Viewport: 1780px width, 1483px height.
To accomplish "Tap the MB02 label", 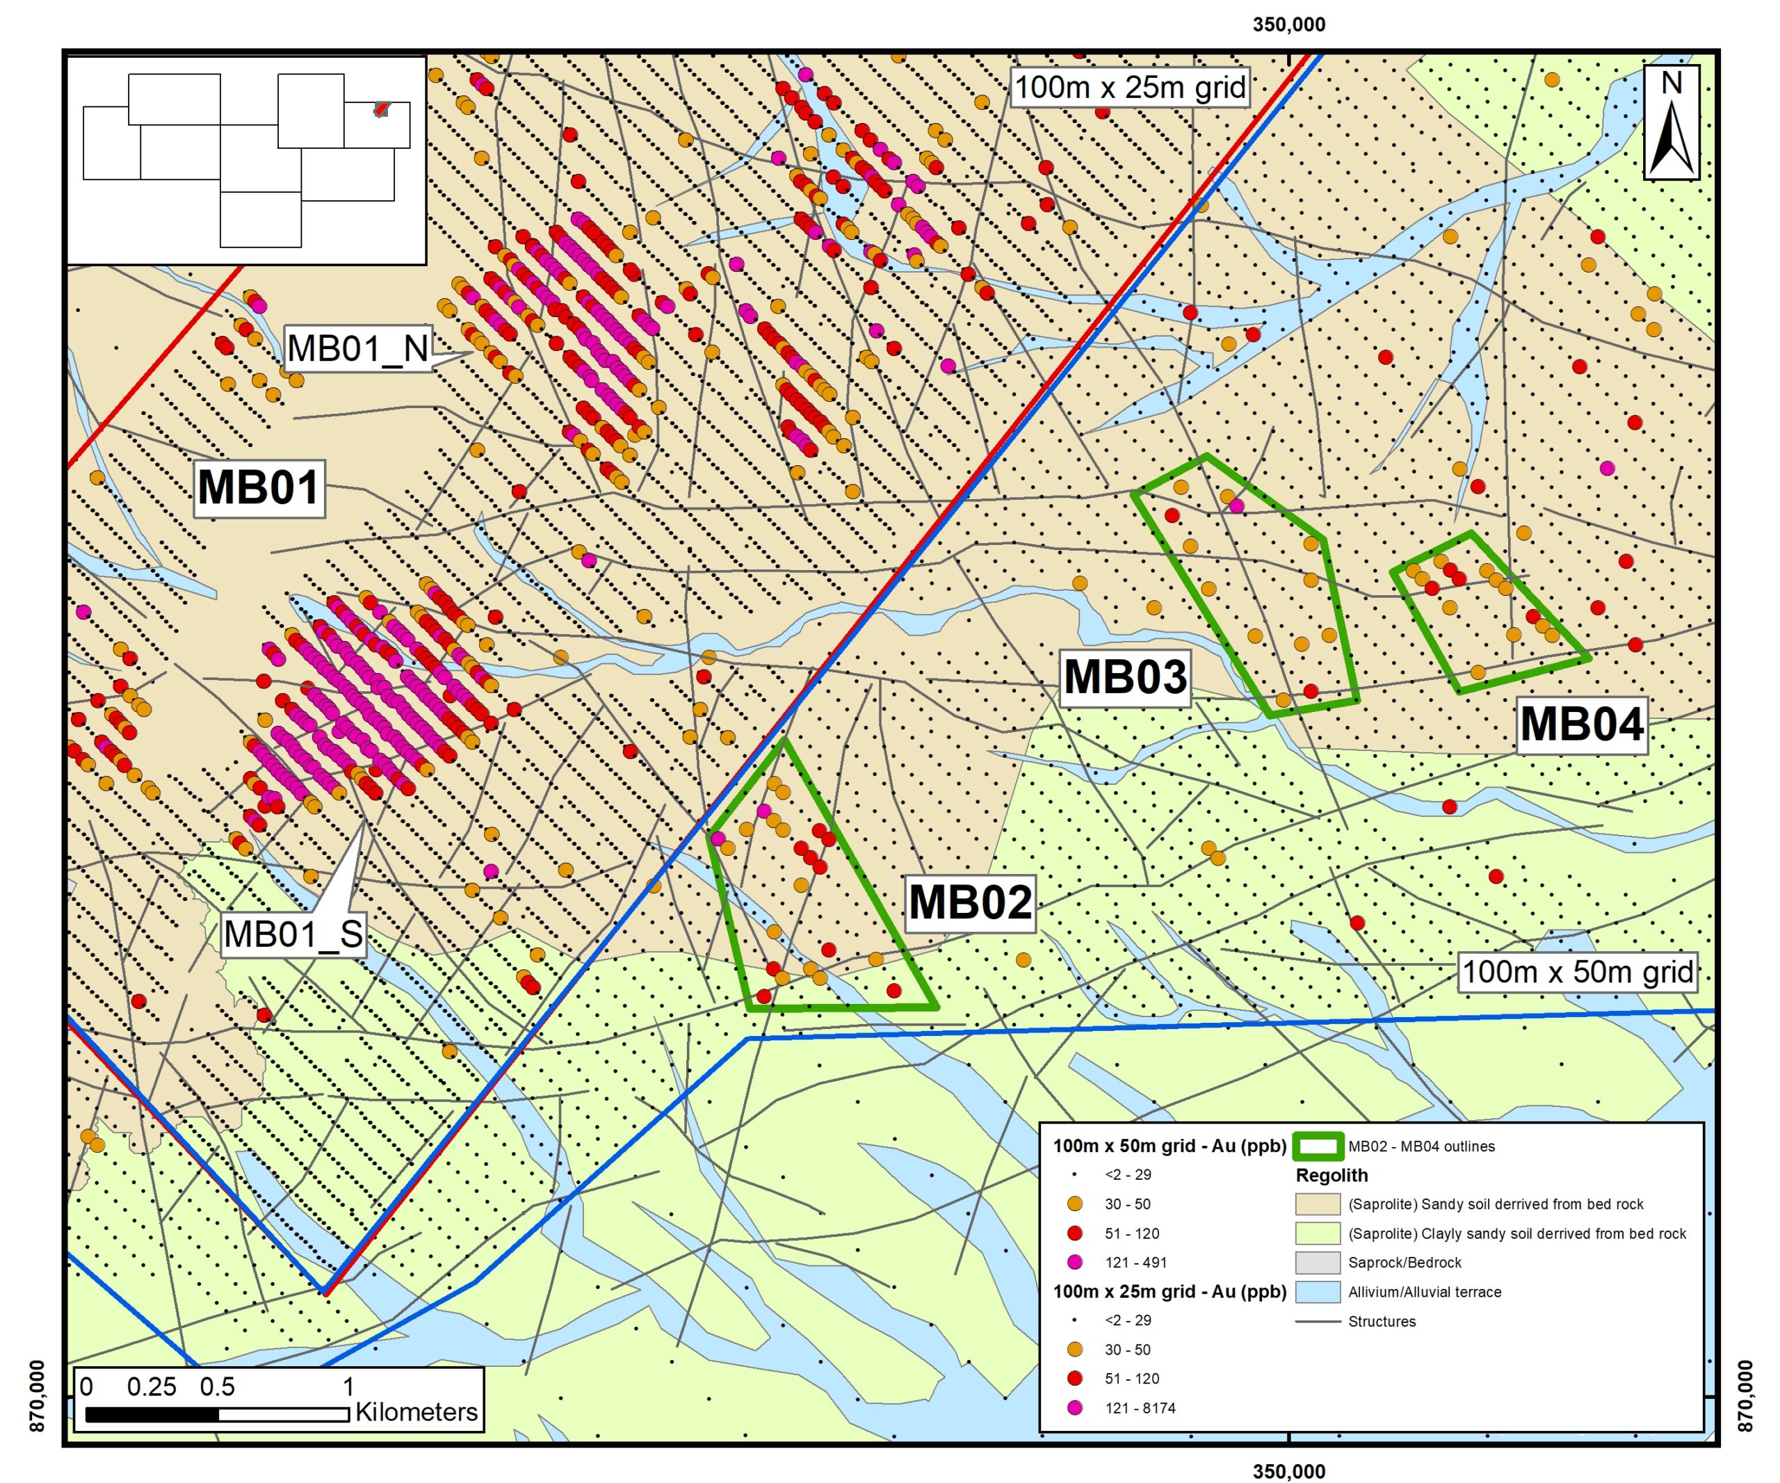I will click(x=970, y=902).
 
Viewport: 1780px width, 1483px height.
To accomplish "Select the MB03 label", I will click(x=1125, y=677).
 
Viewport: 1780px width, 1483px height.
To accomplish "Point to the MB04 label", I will click(x=1582, y=724).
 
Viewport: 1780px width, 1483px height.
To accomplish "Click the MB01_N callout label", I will click(x=357, y=348).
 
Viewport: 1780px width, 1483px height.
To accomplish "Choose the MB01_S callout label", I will click(x=293, y=934).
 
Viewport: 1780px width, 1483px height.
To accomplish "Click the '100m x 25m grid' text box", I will click(x=1130, y=88).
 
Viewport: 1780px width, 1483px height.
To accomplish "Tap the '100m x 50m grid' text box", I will click(x=1578, y=972).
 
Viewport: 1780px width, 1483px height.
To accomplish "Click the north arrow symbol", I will click(x=1671, y=123).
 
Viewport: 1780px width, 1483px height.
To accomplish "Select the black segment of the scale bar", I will click(x=152, y=1414).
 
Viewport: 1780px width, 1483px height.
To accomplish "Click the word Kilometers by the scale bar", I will click(x=416, y=1413).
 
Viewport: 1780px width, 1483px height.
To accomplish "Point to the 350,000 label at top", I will click(x=1288, y=24).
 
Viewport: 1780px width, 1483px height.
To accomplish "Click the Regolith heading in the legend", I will click(x=1331, y=1176).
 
